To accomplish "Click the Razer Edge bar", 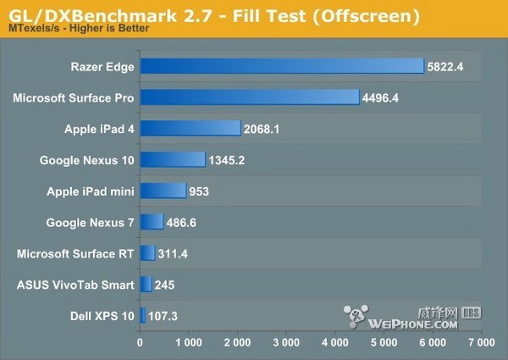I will click(x=281, y=66).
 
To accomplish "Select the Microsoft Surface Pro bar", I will click(x=250, y=97).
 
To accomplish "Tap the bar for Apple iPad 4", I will click(x=190, y=128).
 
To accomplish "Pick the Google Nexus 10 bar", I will click(x=173, y=159).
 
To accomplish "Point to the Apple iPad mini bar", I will click(x=163, y=191).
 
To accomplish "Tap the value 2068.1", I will click(x=265, y=129).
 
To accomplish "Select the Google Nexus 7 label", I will click(x=90, y=222).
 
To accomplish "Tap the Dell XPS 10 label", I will click(x=104, y=316).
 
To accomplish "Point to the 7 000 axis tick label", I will click(x=481, y=344).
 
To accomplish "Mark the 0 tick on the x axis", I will click(x=140, y=344).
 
